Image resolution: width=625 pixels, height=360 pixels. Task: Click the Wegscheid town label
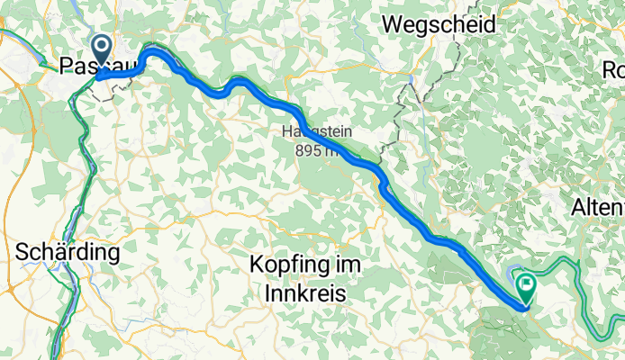(x=439, y=25)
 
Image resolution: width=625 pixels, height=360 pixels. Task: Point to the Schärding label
(x=68, y=253)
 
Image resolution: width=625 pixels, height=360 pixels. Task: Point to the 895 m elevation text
(x=316, y=151)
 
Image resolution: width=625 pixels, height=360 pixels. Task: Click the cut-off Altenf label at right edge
(x=598, y=208)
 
